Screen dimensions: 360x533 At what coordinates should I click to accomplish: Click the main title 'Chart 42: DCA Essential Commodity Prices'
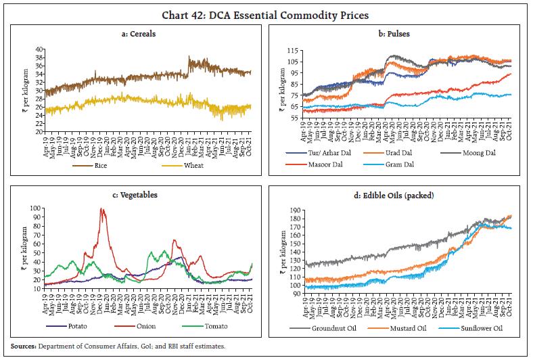coord(266,9)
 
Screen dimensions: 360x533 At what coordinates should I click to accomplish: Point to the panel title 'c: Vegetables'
coord(135,195)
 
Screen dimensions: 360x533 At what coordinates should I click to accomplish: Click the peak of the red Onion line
coord(102,209)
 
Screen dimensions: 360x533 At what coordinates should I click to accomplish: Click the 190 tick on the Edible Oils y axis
coord(295,210)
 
